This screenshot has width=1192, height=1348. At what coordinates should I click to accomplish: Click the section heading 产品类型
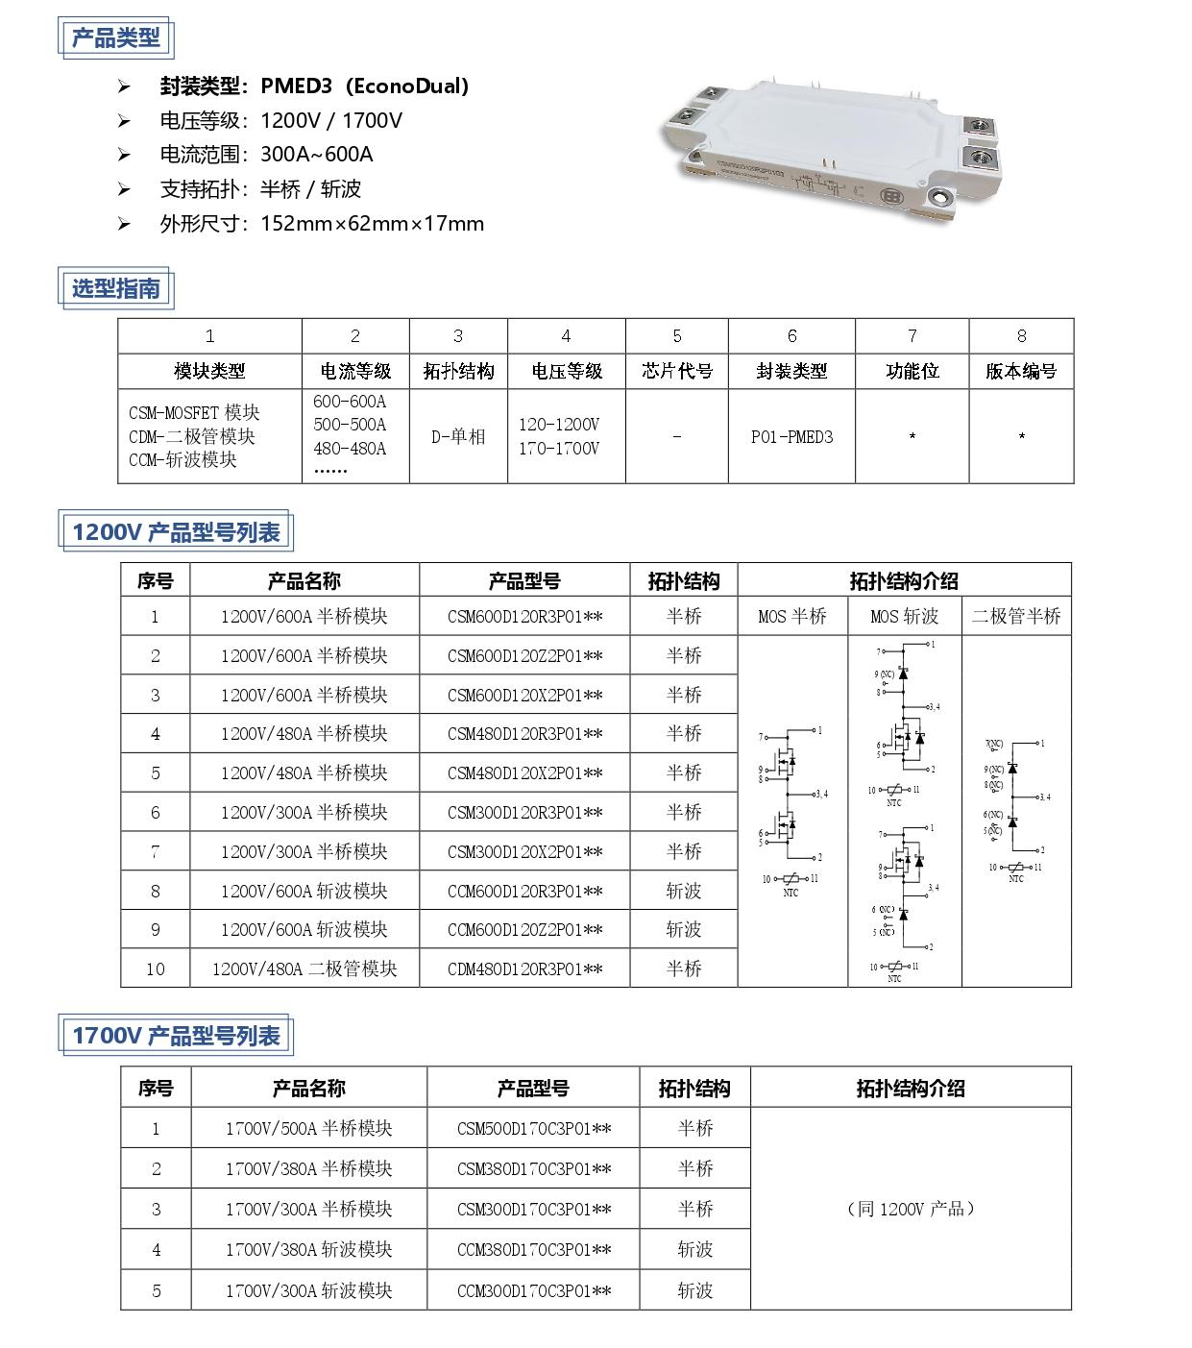pyautogui.click(x=116, y=37)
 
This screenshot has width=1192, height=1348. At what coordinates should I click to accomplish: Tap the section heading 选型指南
pyautogui.click(x=116, y=288)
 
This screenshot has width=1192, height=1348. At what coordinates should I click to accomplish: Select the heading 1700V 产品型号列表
pyautogui.click(x=176, y=1035)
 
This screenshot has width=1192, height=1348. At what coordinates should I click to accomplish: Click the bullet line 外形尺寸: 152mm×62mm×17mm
pyautogui.click(x=322, y=224)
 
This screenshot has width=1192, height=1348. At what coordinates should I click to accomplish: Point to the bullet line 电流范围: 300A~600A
pyautogui.click(x=266, y=155)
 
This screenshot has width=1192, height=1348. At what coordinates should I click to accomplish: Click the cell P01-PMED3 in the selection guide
pyautogui.click(x=791, y=437)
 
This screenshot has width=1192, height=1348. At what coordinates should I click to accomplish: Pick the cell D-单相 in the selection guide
pyautogui.click(x=458, y=437)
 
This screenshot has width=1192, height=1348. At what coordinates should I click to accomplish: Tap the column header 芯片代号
pyautogui.click(x=677, y=371)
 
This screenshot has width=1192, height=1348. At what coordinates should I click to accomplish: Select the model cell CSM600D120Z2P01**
pyautogui.click(x=525, y=656)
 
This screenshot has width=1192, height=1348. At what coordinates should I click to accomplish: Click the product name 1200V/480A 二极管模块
pyautogui.click(x=304, y=969)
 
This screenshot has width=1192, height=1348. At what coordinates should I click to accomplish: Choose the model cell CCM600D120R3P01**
pyautogui.click(x=525, y=891)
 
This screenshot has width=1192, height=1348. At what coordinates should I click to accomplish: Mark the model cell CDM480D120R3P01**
pyautogui.click(x=525, y=969)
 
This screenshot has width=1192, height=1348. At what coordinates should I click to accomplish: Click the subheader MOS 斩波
pyautogui.click(x=904, y=617)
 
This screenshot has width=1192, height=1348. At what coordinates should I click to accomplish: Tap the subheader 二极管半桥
pyautogui.click(x=1016, y=617)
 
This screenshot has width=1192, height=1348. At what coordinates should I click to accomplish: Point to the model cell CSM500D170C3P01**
pyautogui.click(x=534, y=1129)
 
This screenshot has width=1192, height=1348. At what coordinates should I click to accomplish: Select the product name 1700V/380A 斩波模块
pyautogui.click(x=308, y=1250)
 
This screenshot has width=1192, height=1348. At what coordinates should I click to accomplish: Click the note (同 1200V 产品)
pyautogui.click(x=911, y=1209)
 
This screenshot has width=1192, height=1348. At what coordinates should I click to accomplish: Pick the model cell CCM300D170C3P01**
pyautogui.click(x=534, y=1290)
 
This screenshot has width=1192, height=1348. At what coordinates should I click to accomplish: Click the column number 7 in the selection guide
pyautogui.click(x=912, y=335)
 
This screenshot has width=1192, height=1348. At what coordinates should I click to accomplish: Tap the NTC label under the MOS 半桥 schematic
pyautogui.click(x=791, y=893)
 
